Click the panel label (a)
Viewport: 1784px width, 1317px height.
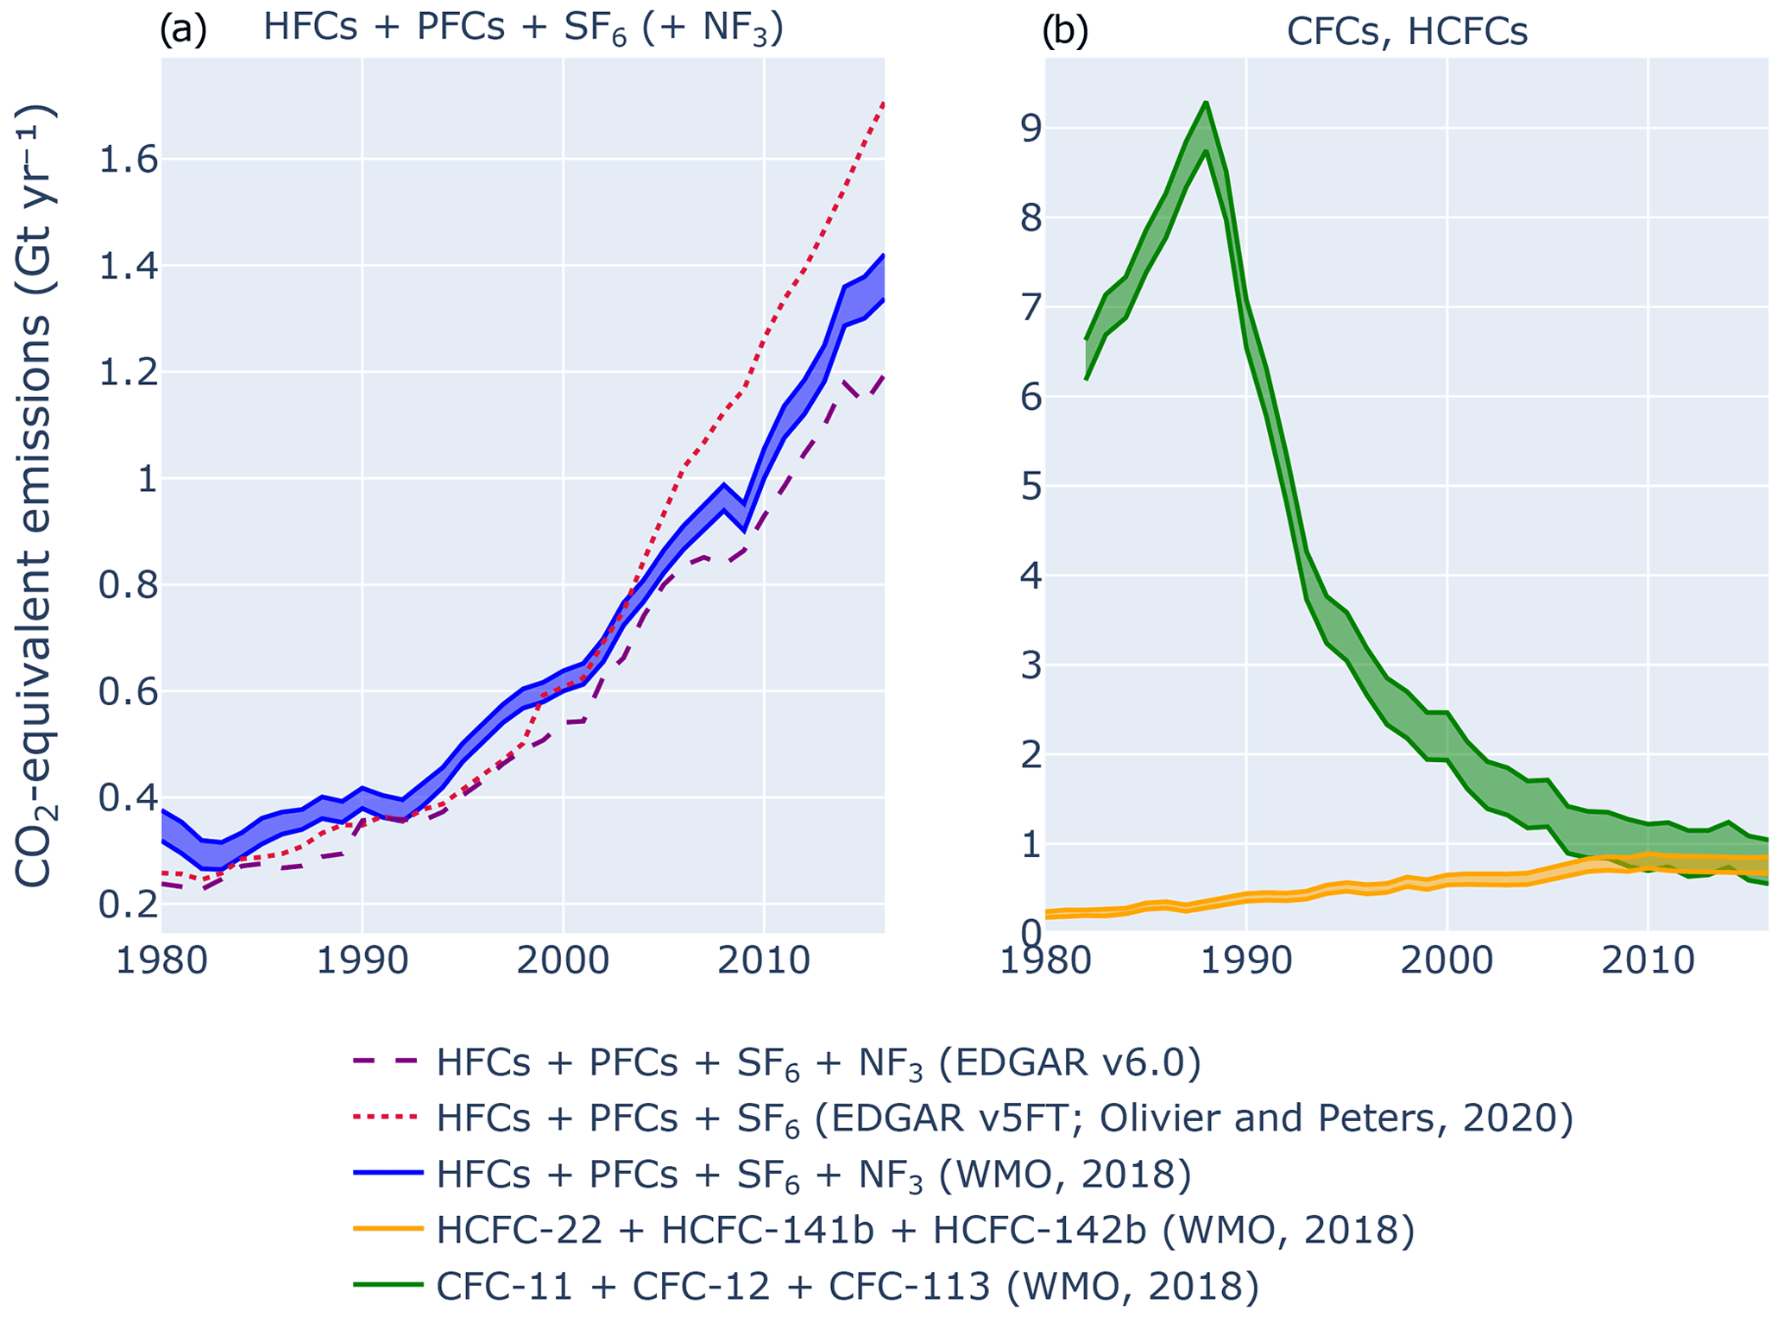point(182,29)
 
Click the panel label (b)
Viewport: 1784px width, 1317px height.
point(1065,31)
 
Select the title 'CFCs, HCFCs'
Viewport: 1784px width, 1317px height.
point(1407,31)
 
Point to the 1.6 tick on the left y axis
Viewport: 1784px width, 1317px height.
point(129,160)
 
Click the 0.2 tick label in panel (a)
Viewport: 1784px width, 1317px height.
point(129,904)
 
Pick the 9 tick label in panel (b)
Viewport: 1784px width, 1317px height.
point(1030,129)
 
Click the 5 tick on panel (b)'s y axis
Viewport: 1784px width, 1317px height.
point(1030,487)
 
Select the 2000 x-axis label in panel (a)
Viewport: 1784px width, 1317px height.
point(563,961)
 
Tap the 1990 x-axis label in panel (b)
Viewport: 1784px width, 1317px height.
point(1246,961)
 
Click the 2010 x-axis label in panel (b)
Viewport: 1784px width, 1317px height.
point(1648,961)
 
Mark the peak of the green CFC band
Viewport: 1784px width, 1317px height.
point(1206,104)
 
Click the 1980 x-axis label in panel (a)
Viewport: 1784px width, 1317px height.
point(161,961)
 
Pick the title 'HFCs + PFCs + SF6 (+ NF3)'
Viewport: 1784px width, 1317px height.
point(523,28)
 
